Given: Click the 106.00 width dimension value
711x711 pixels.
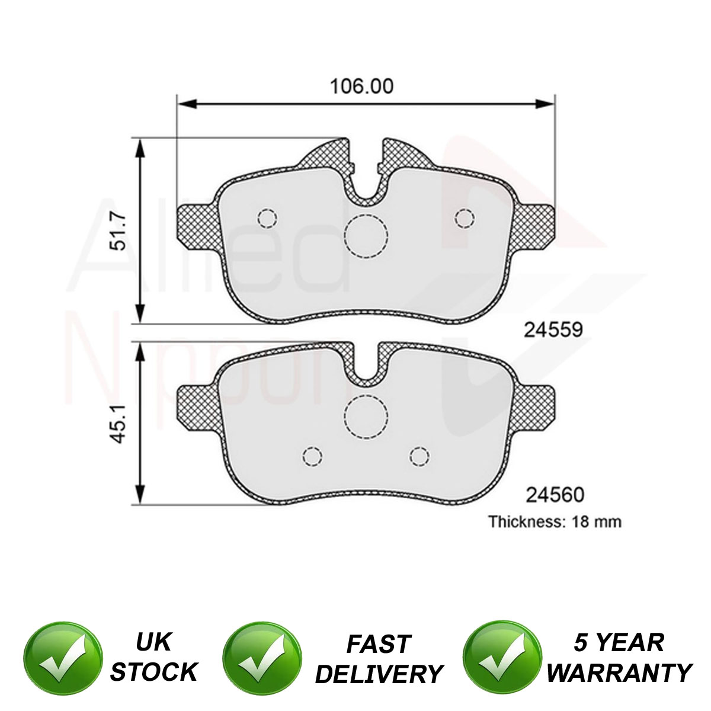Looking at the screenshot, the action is [x=361, y=87].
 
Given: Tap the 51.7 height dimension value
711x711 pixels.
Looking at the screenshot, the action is [x=120, y=232].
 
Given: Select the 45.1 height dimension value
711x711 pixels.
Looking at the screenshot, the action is [x=120, y=424].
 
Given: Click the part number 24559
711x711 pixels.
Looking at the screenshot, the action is [x=553, y=330].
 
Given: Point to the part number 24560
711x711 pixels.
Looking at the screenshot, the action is [x=555, y=495].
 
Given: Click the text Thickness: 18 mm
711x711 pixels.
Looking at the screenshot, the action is [x=555, y=522].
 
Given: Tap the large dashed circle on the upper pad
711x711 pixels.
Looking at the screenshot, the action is [x=366, y=236].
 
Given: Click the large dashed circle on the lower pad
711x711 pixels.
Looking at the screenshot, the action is [x=366, y=417].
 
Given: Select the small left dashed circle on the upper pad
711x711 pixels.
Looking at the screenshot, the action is [x=267, y=219].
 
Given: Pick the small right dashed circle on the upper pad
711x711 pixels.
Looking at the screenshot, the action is [x=465, y=219].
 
